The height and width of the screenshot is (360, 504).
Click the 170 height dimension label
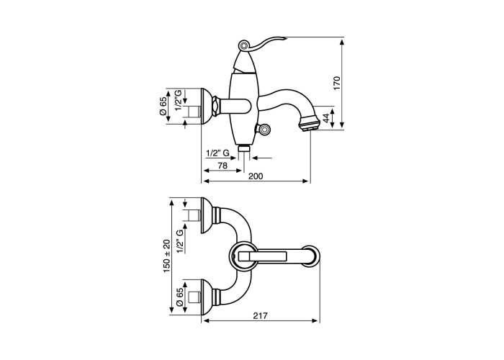coord(336,83)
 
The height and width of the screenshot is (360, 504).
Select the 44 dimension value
coord(326,118)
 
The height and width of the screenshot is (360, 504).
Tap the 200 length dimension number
coord(256,176)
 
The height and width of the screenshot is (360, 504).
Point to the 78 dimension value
coord(222,165)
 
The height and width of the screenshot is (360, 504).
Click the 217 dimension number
coord(261,315)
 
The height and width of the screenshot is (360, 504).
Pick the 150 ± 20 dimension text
coord(166,256)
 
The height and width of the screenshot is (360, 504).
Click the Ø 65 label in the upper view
coord(163,106)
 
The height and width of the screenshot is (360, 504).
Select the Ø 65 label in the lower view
coord(180,297)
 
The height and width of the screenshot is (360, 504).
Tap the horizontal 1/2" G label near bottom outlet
coord(217,153)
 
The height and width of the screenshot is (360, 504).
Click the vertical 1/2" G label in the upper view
coord(179,100)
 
